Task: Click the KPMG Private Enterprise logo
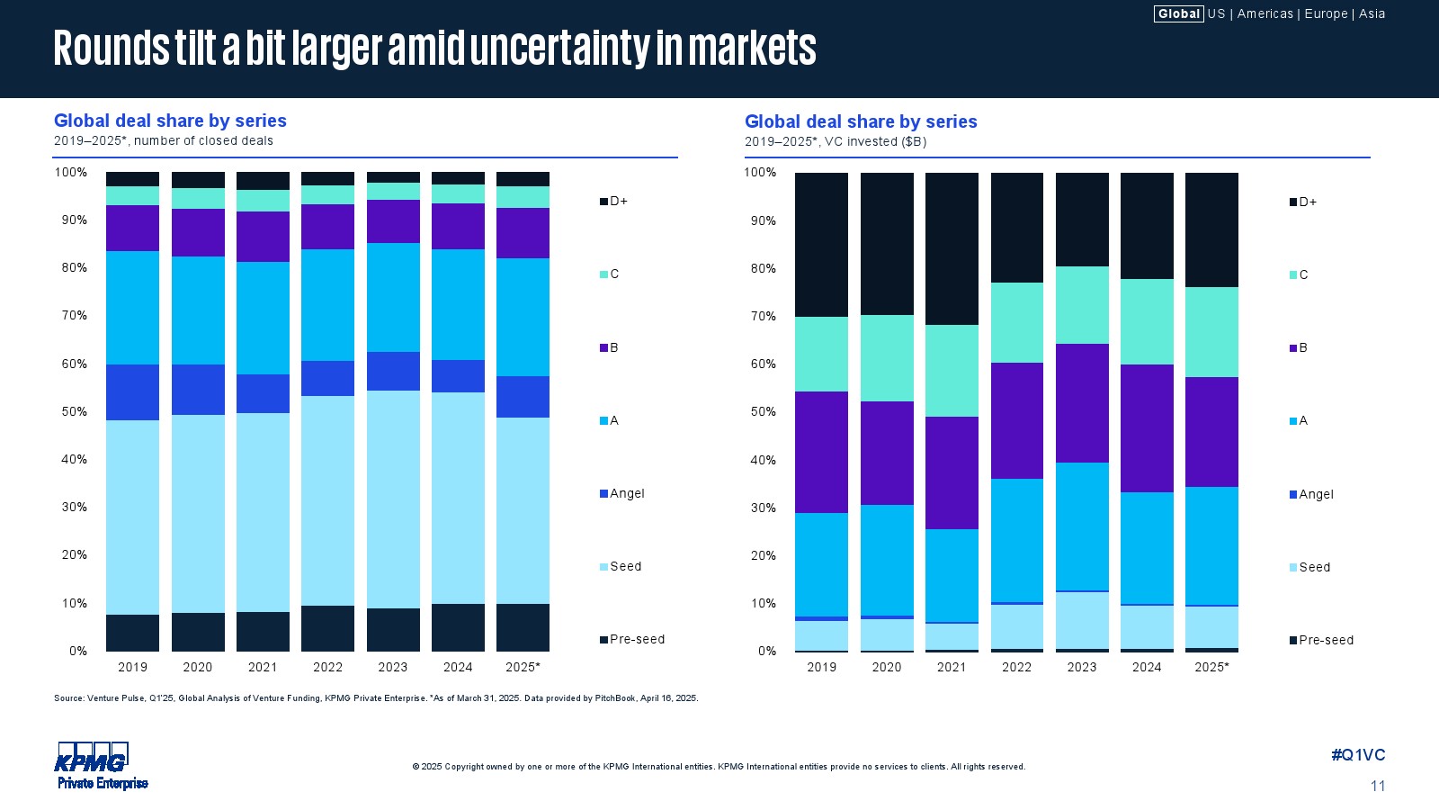[x=102, y=766]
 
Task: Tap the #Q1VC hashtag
[x=1358, y=755]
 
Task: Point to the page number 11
[x=1377, y=786]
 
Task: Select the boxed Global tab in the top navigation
[x=1178, y=13]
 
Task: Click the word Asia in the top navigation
[x=1372, y=13]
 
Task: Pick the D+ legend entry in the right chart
[x=1307, y=202]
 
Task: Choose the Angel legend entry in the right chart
[x=1315, y=494]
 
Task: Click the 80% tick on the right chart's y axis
[x=764, y=268]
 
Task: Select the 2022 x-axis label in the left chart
[x=327, y=667]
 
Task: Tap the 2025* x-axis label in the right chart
[x=1211, y=667]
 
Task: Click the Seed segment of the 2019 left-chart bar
[x=132, y=517]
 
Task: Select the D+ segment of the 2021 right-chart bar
[x=952, y=248]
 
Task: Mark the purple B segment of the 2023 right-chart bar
[x=1082, y=403]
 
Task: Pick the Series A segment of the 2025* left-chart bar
[x=523, y=317]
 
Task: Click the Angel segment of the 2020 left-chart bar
[x=198, y=390]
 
